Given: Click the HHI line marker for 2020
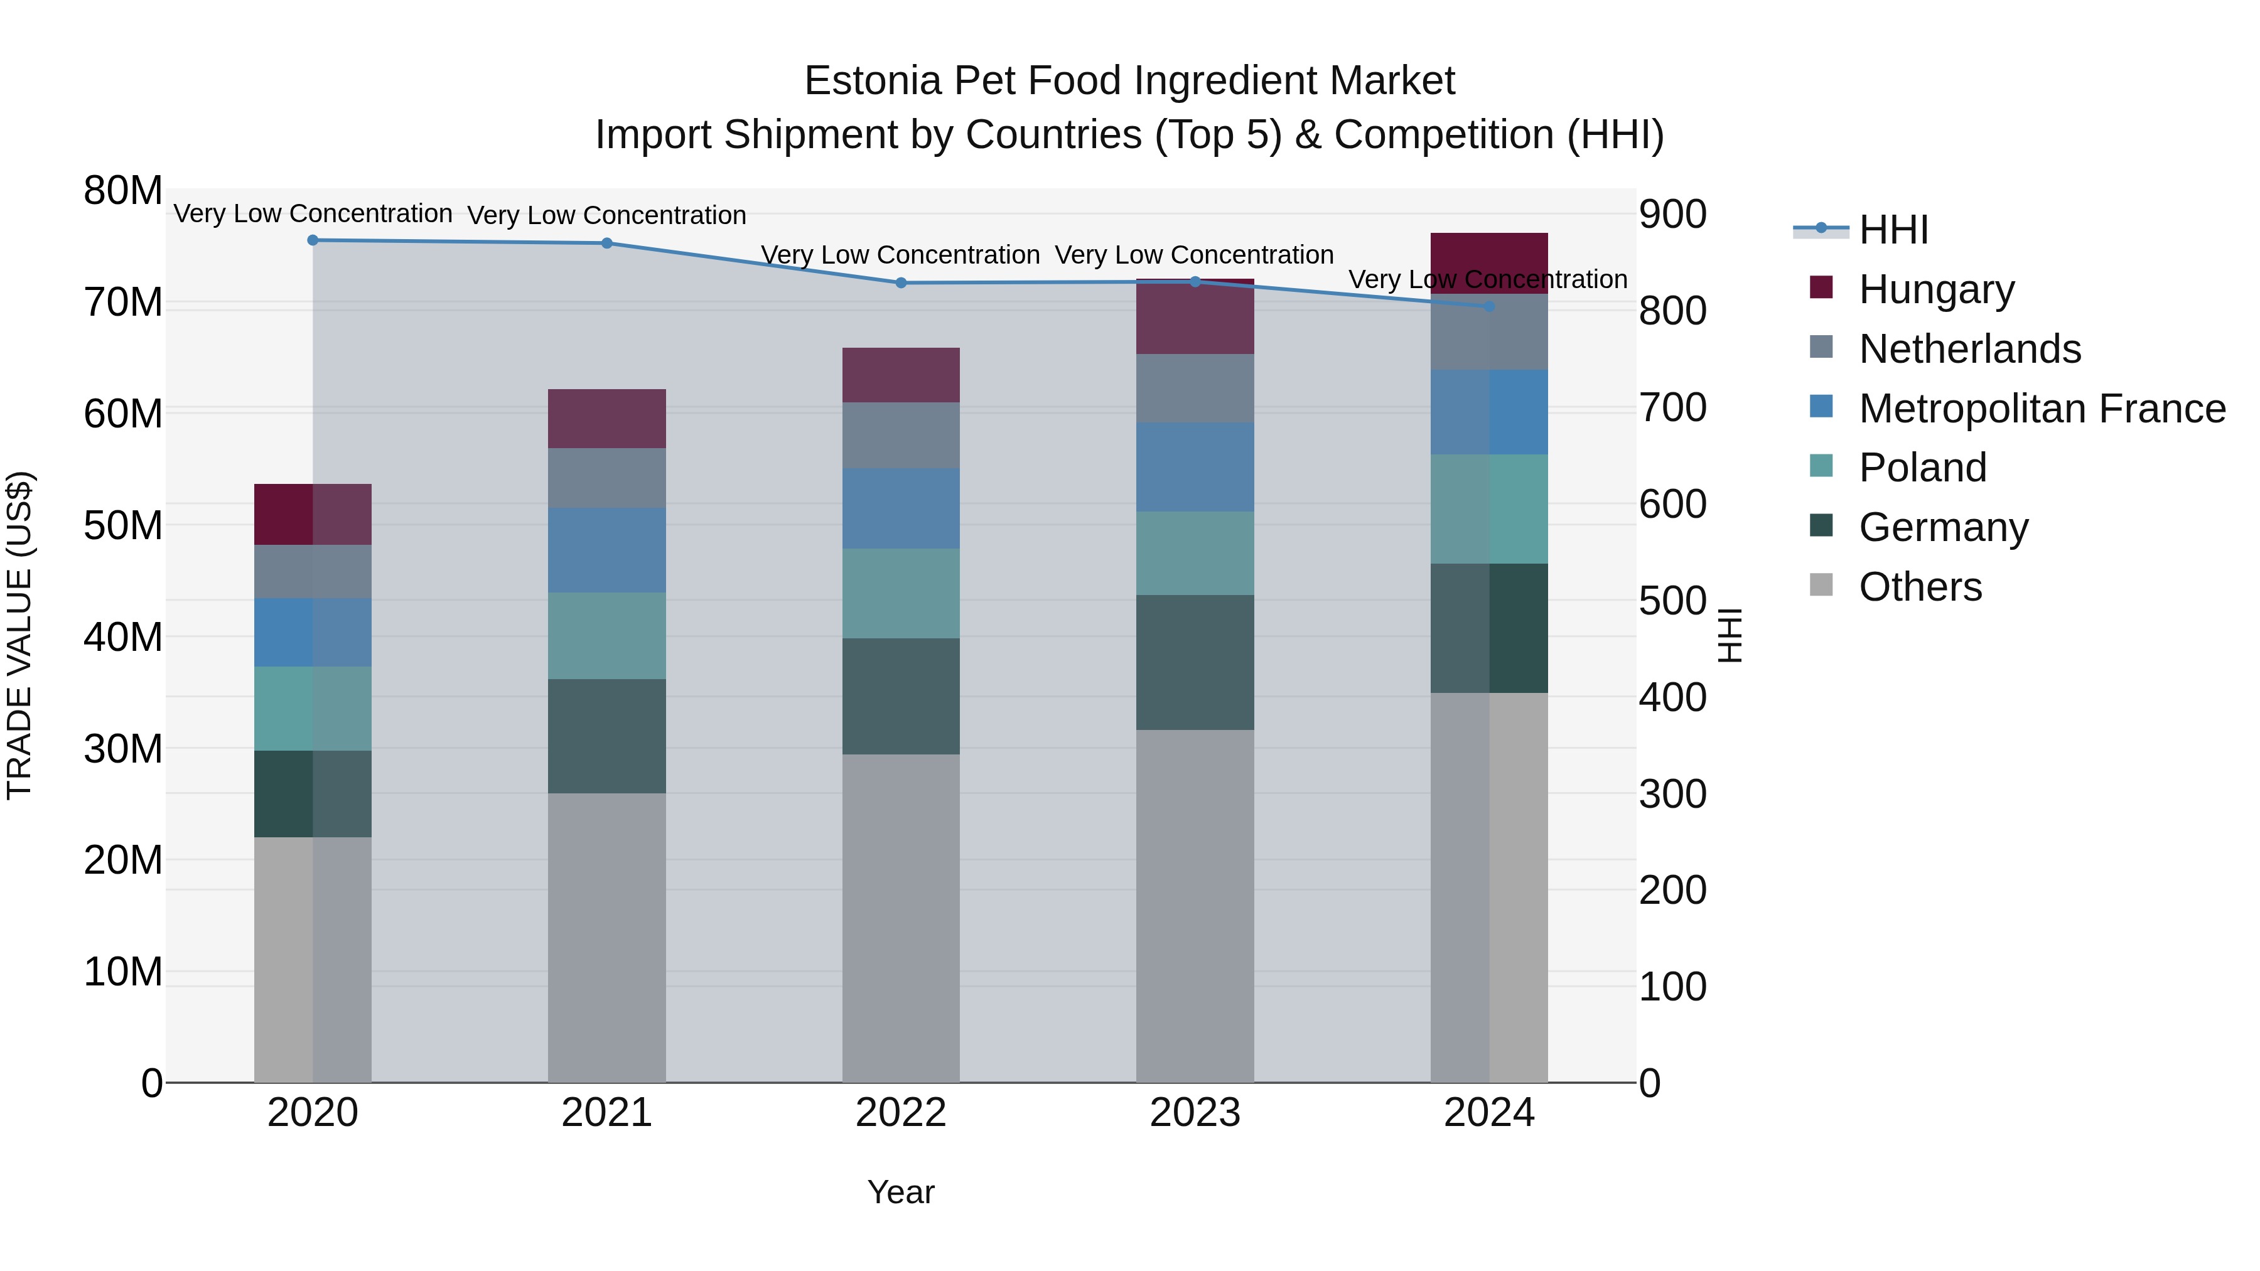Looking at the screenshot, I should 313,240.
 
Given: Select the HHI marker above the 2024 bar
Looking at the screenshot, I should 1489,307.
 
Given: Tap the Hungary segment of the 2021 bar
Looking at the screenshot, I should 606,419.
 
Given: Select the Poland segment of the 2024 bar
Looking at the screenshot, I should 1489,509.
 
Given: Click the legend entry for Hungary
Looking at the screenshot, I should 1935,289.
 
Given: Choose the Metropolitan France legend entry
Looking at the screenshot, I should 2041,409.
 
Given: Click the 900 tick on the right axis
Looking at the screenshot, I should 1672,215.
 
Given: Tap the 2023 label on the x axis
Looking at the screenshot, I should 1195,1113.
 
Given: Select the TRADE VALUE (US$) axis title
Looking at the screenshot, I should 19,635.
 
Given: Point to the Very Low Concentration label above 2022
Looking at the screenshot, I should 900,255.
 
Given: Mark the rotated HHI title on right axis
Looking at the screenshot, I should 1730,635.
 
